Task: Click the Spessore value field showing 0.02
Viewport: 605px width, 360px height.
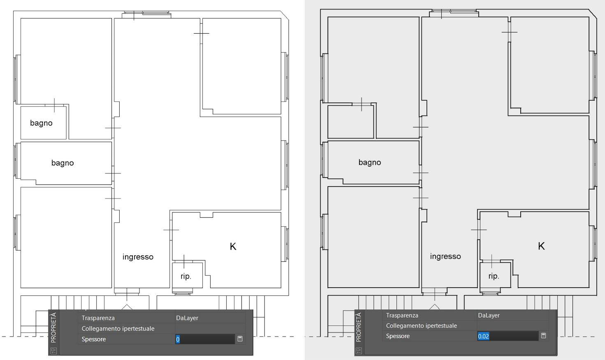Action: (x=508, y=336)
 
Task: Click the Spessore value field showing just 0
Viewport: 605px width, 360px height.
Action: (x=205, y=339)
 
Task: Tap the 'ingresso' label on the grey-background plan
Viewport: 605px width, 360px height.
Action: (x=445, y=256)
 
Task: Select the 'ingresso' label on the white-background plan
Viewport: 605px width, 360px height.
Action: (x=138, y=257)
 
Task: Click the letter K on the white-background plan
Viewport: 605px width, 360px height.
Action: (x=233, y=247)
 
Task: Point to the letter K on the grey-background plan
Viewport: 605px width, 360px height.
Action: (x=541, y=246)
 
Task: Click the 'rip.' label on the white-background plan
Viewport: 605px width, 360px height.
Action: (x=186, y=276)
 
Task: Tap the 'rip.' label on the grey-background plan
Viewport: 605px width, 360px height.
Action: (x=494, y=276)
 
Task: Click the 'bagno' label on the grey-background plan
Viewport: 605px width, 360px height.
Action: (x=370, y=162)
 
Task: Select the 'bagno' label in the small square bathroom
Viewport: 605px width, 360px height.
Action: (x=41, y=123)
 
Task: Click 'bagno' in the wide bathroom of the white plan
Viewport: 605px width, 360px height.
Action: (x=63, y=163)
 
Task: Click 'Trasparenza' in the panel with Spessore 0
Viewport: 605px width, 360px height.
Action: (x=98, y=318)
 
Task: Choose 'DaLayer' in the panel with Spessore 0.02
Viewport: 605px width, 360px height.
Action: (x=489, y=315)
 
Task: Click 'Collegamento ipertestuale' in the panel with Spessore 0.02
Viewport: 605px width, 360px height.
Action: (x=421, y=326)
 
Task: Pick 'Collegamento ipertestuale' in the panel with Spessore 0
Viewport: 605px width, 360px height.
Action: (x=118, y=328)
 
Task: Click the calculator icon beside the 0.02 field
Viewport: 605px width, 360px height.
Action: (x=544, y=336)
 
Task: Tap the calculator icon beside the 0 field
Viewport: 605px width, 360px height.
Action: (x=240, y=339)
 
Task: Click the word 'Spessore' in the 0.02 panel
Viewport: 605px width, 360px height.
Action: (x=398, y=336)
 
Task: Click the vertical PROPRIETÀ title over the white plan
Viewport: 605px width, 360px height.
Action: (x=53, y=328)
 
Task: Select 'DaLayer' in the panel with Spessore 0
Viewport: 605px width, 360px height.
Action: (x=187, y=318)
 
